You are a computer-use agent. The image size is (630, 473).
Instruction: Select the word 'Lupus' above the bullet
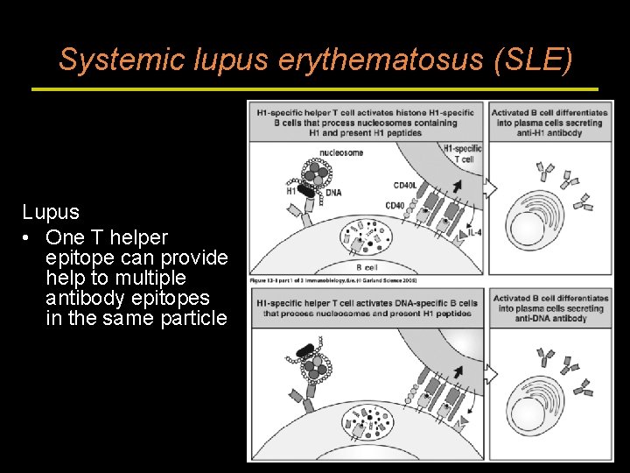click(x=51, y=212)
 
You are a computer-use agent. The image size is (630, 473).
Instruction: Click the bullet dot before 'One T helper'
click(x=29, y=238)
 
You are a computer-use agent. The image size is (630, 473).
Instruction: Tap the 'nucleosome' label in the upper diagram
click(x=341, y=152)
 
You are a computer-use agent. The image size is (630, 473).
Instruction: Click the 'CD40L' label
click(x=405, y=186)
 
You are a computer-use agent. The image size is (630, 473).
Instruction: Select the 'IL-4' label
click(x=473, y=231)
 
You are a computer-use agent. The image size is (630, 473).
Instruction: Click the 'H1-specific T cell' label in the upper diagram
click(x=463, y=153)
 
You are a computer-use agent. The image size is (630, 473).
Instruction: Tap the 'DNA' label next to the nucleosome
click(x=333, y=193)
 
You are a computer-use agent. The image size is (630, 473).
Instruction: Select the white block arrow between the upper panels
click(x=490, y=188)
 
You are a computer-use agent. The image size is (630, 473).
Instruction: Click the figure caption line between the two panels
click(x=343, y=280)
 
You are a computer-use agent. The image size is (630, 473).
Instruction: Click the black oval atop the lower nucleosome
click(x=305, y=351)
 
